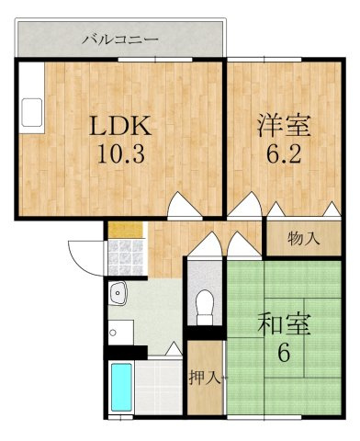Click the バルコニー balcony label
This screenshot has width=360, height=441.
pos(120,40)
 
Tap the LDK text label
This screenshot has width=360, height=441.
pos(120,126)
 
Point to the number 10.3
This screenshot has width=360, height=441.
pos(120,153)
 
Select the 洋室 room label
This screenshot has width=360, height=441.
pos(284,126)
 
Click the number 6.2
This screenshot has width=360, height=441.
pos(284,153)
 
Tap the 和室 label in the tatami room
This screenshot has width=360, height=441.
pos(284,324)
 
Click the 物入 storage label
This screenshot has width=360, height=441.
pos(304,238)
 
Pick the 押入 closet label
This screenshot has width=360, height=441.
pos(205,378)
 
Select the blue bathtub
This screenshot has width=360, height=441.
pos(121,387)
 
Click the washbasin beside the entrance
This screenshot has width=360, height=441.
pos(118,293)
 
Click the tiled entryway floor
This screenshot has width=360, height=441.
pos(126,257)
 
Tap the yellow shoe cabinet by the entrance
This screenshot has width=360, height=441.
pos(126,231)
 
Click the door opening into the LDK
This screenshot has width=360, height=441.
pos(185,205)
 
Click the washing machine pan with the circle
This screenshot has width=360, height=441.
pos(121,333)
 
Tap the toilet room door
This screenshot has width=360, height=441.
pos(205,244)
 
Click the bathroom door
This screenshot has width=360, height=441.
pos(174,349)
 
